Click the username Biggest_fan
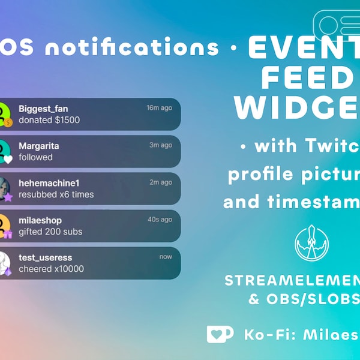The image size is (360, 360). click(43, 109)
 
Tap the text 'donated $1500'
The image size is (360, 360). click(49, 120)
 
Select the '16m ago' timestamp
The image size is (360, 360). click(159, 108)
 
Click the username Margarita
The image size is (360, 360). click(39, 146)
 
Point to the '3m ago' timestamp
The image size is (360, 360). click(161, 145)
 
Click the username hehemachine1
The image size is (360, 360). click(49, 183)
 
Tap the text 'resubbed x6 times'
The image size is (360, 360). click(56, 194)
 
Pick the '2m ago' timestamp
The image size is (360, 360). click(161, 182)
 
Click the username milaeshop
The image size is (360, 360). click(40, 220)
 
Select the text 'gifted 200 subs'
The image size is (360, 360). click(50, 232)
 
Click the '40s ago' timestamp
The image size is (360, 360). click(160, 220)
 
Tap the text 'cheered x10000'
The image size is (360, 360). click(51, 269)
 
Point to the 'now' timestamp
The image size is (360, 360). click(166, 257)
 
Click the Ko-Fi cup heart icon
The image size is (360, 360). click(220, 334)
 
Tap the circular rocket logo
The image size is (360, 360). click(312, 242)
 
